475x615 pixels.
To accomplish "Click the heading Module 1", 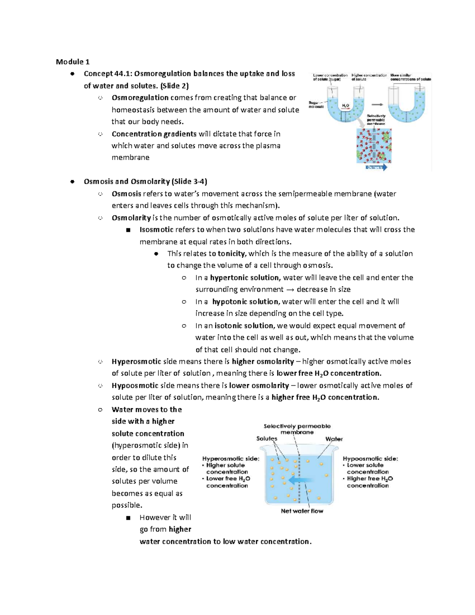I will tap(73, 62).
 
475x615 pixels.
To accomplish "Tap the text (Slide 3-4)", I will tap(189, 182).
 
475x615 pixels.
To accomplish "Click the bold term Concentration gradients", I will tap(154, 134).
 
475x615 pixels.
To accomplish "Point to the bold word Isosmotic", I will tap(156, 230).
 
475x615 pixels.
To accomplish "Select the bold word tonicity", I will tap(232, 254).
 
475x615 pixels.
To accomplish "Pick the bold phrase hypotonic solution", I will tap(246, 302).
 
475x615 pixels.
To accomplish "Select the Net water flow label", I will tap(302, 511).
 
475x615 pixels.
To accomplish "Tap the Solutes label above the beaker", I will tap(267, 439).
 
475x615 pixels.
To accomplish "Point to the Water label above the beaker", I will tap(334, 439).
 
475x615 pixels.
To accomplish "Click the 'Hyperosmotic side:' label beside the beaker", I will tap(231, 459).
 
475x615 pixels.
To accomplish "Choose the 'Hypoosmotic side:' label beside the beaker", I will tap(370, 459).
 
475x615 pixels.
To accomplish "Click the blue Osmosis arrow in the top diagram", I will tap(376, 168).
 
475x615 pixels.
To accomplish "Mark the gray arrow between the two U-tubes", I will tap(377, 105).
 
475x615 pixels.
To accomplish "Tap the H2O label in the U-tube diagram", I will tap(345, 106).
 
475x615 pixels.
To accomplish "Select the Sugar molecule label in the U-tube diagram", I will tap(316, 105).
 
